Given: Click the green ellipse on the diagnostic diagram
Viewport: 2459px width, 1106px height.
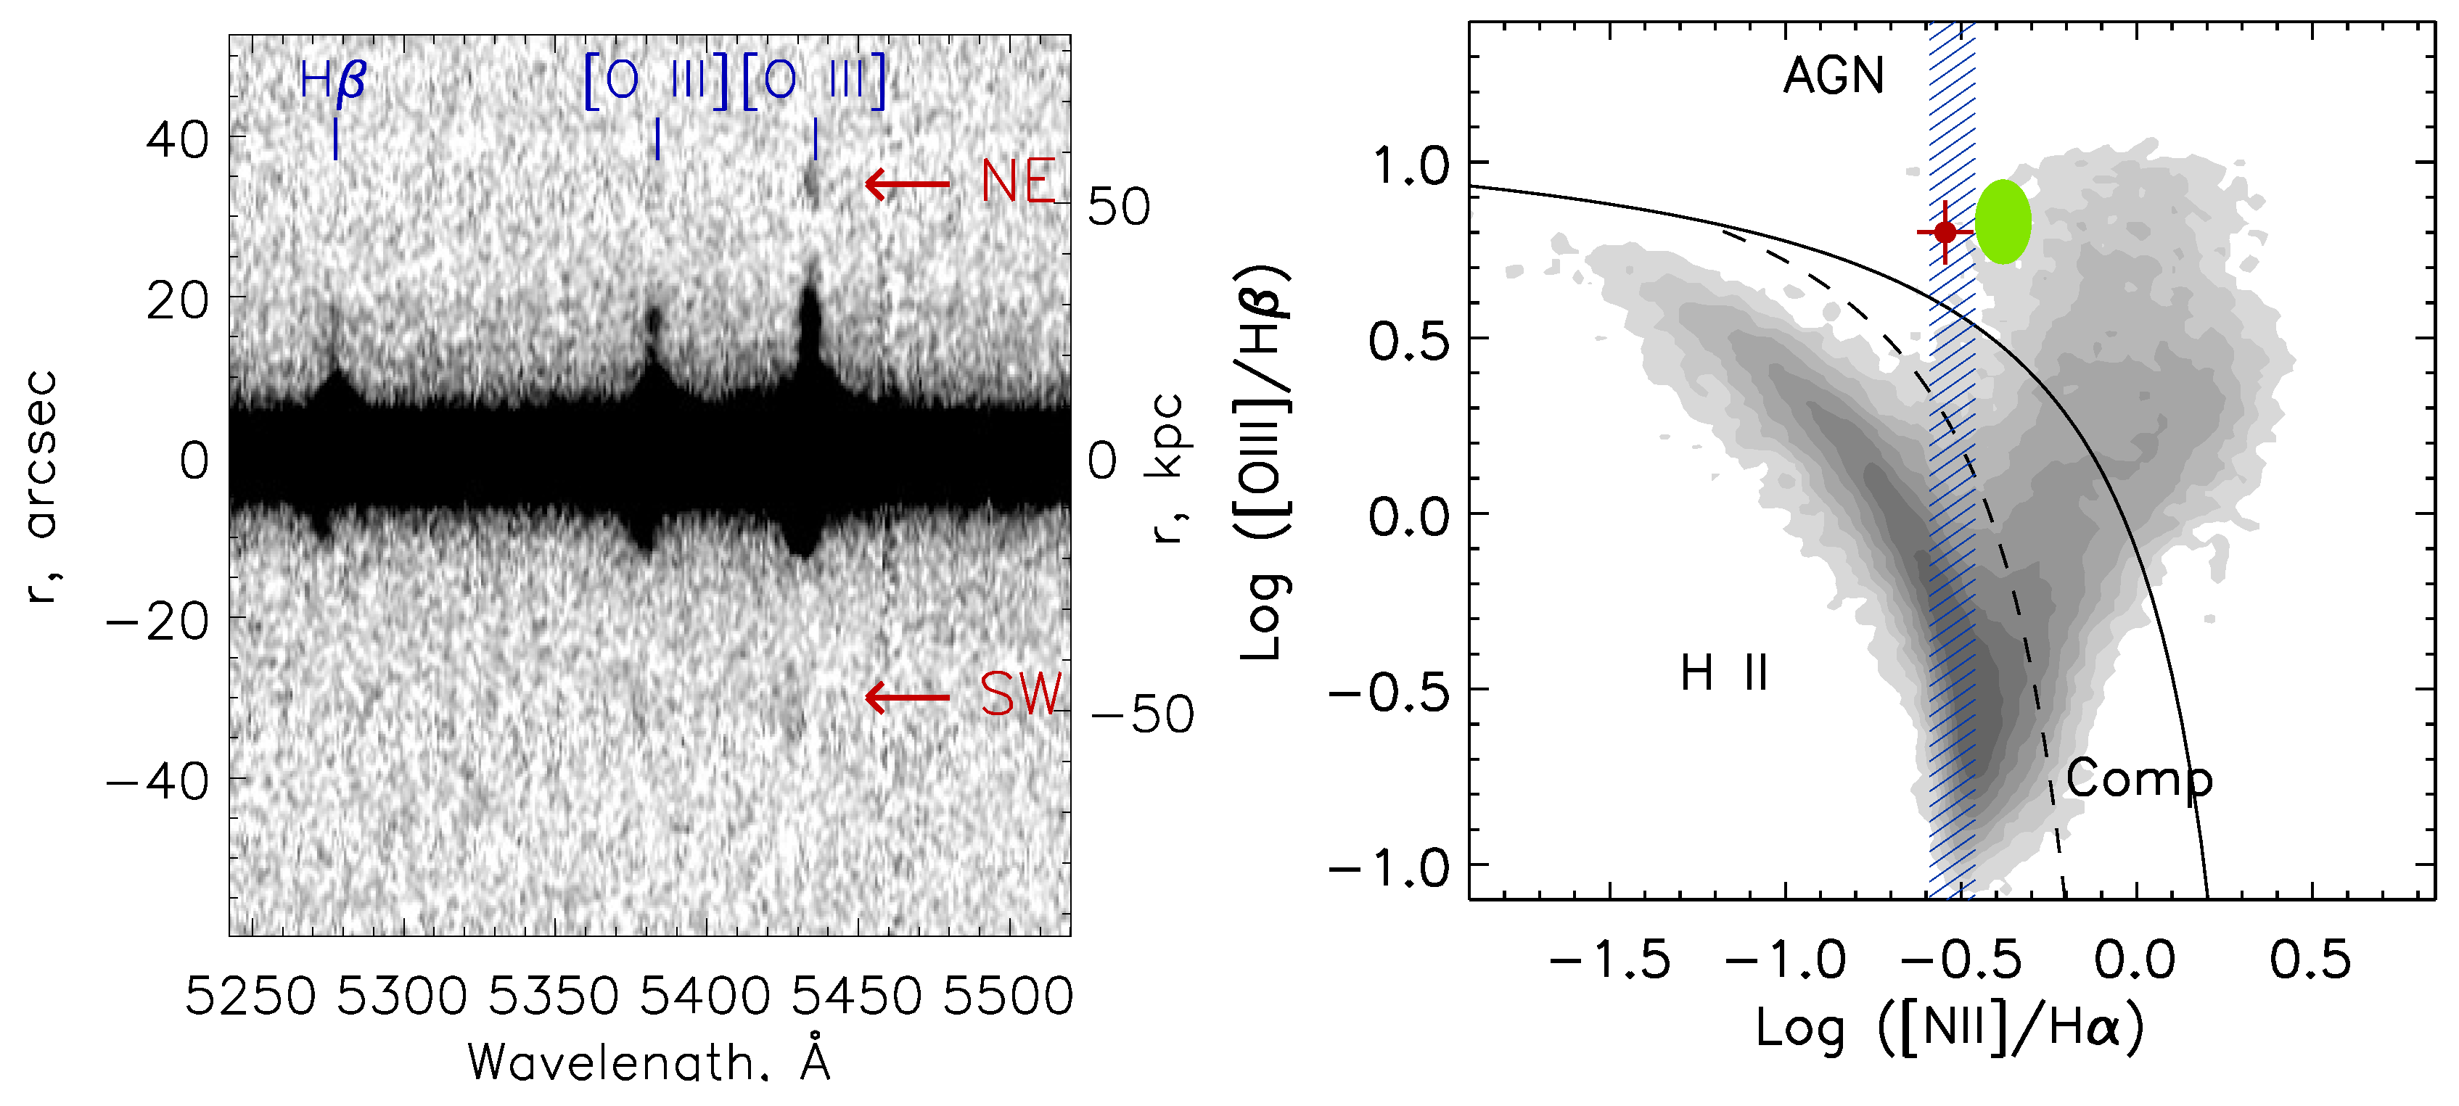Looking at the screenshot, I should click(2003, 221).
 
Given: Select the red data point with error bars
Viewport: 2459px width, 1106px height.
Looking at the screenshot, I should click(1945, 232).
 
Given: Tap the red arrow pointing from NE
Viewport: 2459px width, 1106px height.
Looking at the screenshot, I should click(907, 183).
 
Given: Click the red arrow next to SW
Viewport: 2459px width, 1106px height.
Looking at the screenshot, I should click(907, 698).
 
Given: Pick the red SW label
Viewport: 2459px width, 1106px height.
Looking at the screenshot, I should click(1020, 694).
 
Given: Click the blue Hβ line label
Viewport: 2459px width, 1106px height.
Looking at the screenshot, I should click(332, 81).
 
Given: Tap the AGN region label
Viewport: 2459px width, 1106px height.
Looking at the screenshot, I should click(1834, 75).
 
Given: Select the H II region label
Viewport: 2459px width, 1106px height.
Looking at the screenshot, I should click(1724, 674).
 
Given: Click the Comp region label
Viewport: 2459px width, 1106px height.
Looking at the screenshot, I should click(2139, 780).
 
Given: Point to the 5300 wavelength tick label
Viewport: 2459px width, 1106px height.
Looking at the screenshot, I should click(402, 996).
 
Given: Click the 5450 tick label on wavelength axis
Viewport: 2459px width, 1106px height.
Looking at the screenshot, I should click(856, 996).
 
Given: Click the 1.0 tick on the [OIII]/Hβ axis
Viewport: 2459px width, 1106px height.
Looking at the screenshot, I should click(1410, 166).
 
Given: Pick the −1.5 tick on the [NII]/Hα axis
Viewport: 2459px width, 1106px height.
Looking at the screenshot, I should click(1609, 960).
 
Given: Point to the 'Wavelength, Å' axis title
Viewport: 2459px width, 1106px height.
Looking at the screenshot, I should click(649, 1062).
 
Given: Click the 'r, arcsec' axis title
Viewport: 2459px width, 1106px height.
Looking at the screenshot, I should click(43, 487).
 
